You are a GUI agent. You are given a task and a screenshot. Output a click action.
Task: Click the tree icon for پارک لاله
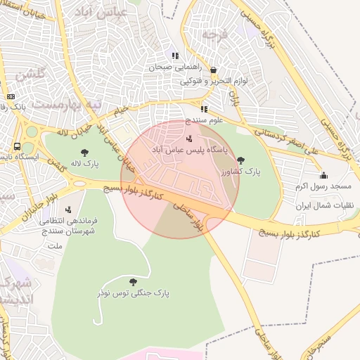(85, 152)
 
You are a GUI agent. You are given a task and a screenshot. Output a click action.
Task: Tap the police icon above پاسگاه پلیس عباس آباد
(188, 139)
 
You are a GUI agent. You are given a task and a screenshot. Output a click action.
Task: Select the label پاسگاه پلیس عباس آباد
(188, 150)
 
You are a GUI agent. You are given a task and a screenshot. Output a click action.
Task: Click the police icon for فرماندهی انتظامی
(68, 210)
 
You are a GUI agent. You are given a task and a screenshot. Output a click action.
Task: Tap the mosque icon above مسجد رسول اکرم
(323, 175)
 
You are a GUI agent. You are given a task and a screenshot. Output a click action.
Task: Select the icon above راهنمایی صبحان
(175, 56)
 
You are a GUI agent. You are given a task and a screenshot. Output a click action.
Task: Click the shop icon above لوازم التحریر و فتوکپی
(213, 70)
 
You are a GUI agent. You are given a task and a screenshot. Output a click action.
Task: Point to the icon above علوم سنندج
(204, 109)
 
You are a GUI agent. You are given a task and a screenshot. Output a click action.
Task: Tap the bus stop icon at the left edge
(17, 146)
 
